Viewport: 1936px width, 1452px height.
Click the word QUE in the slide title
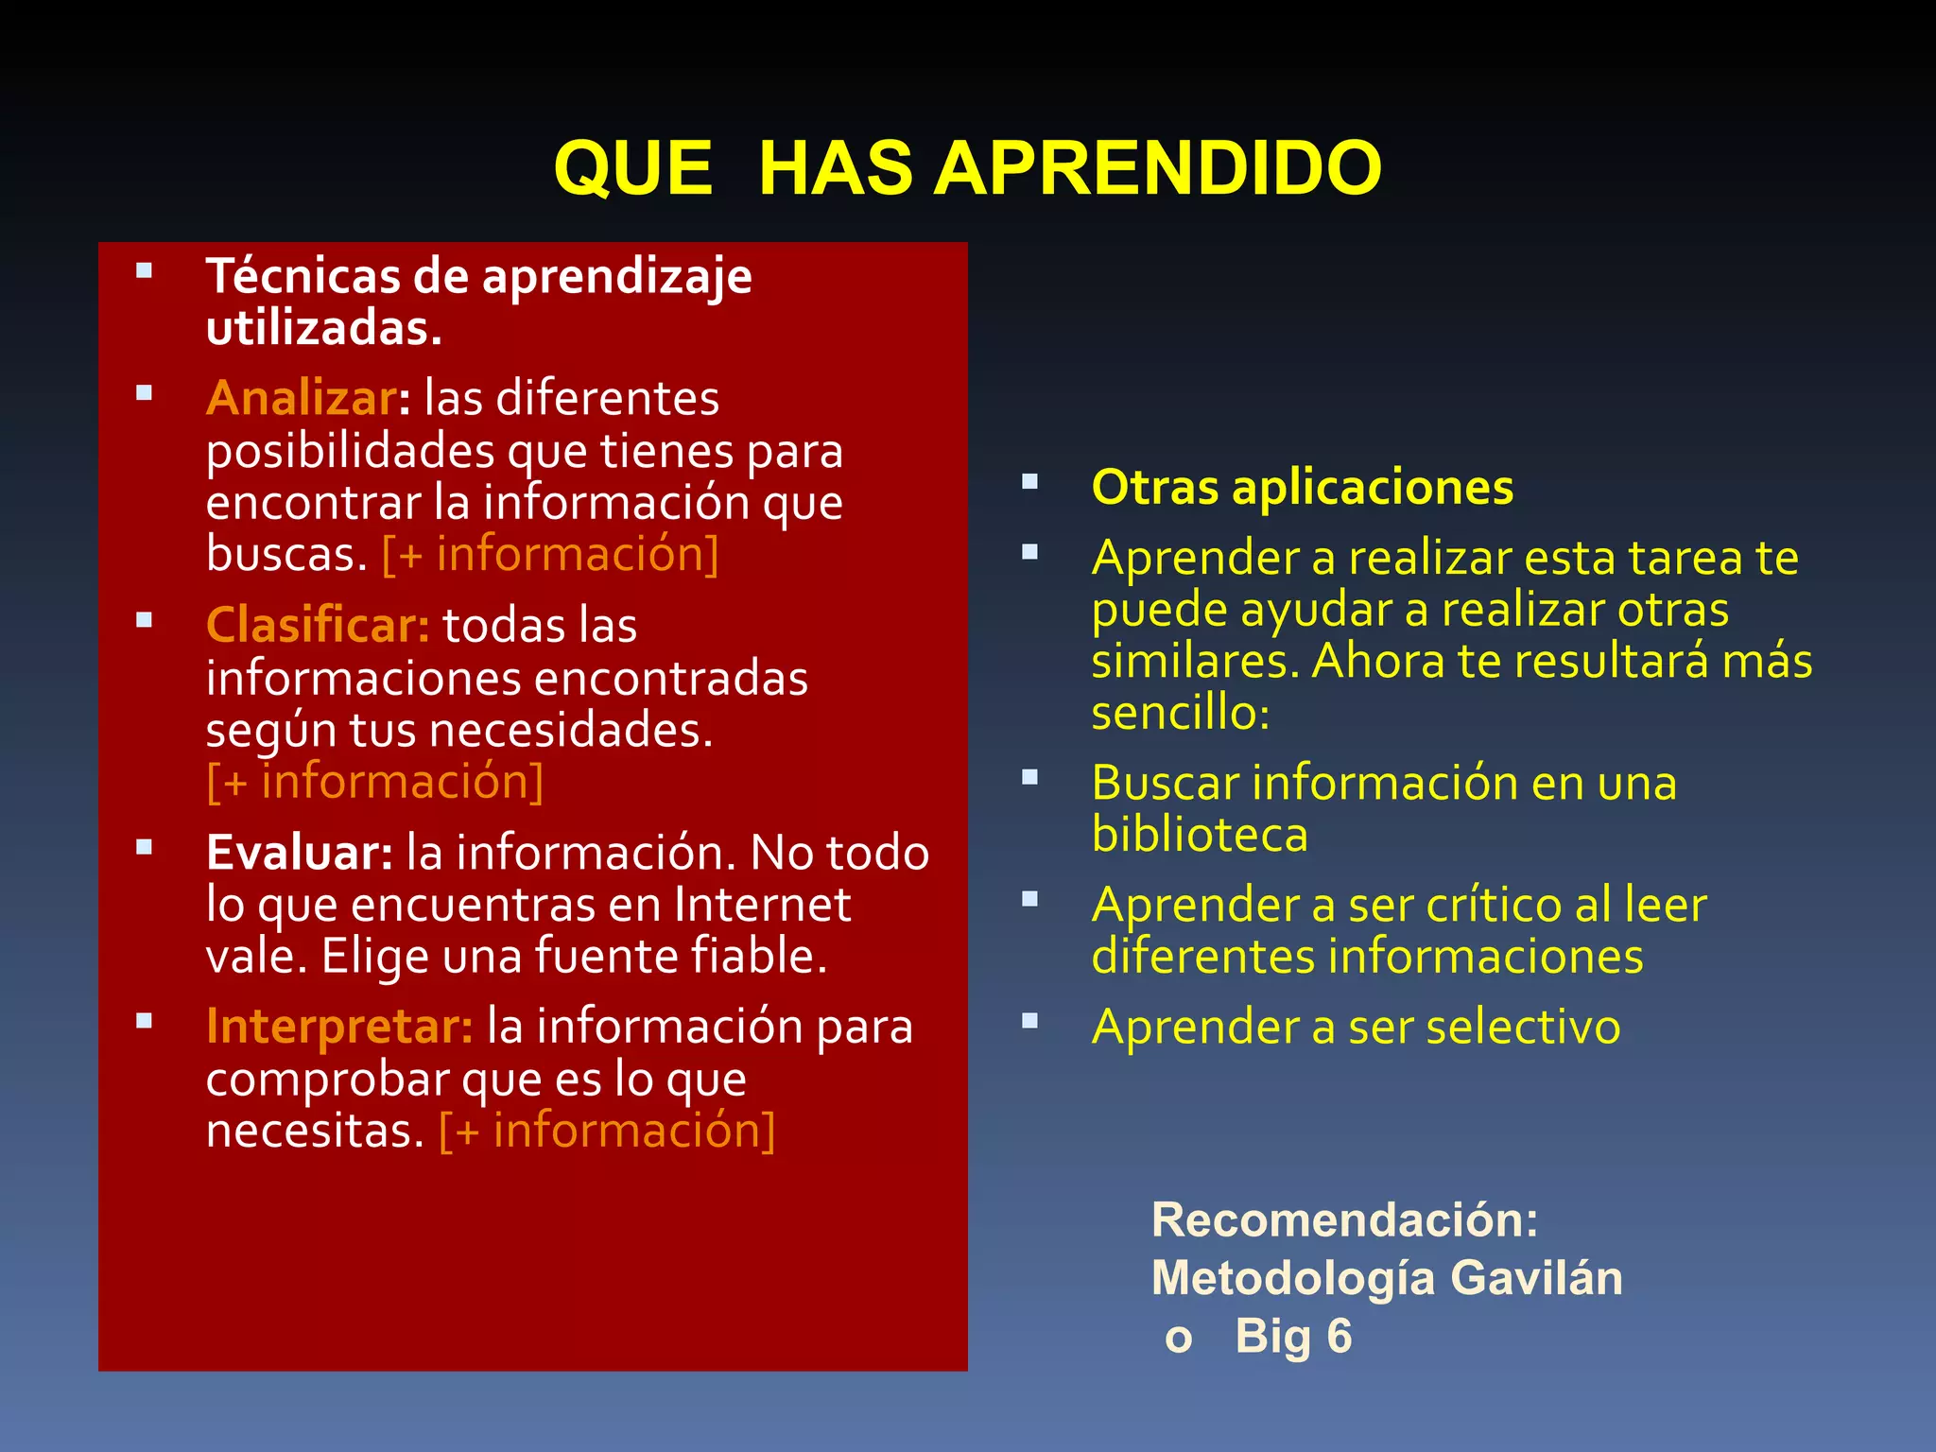632,168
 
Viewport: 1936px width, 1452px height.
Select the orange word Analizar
302,398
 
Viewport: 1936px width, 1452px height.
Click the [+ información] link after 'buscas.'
550,554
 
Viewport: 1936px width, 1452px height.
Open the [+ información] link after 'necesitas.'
607,1131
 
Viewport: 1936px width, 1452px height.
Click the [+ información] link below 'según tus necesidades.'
375,782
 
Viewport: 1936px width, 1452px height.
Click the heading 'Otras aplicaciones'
1302,488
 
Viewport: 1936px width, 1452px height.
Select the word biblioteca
1200,835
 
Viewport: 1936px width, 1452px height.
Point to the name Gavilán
1536,1278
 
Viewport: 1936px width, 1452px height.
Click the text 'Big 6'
1293,1337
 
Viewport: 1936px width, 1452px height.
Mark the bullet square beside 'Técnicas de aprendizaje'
144,271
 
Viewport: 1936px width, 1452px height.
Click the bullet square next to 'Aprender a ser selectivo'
1029,1021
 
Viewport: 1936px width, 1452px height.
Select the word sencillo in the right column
1180,713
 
